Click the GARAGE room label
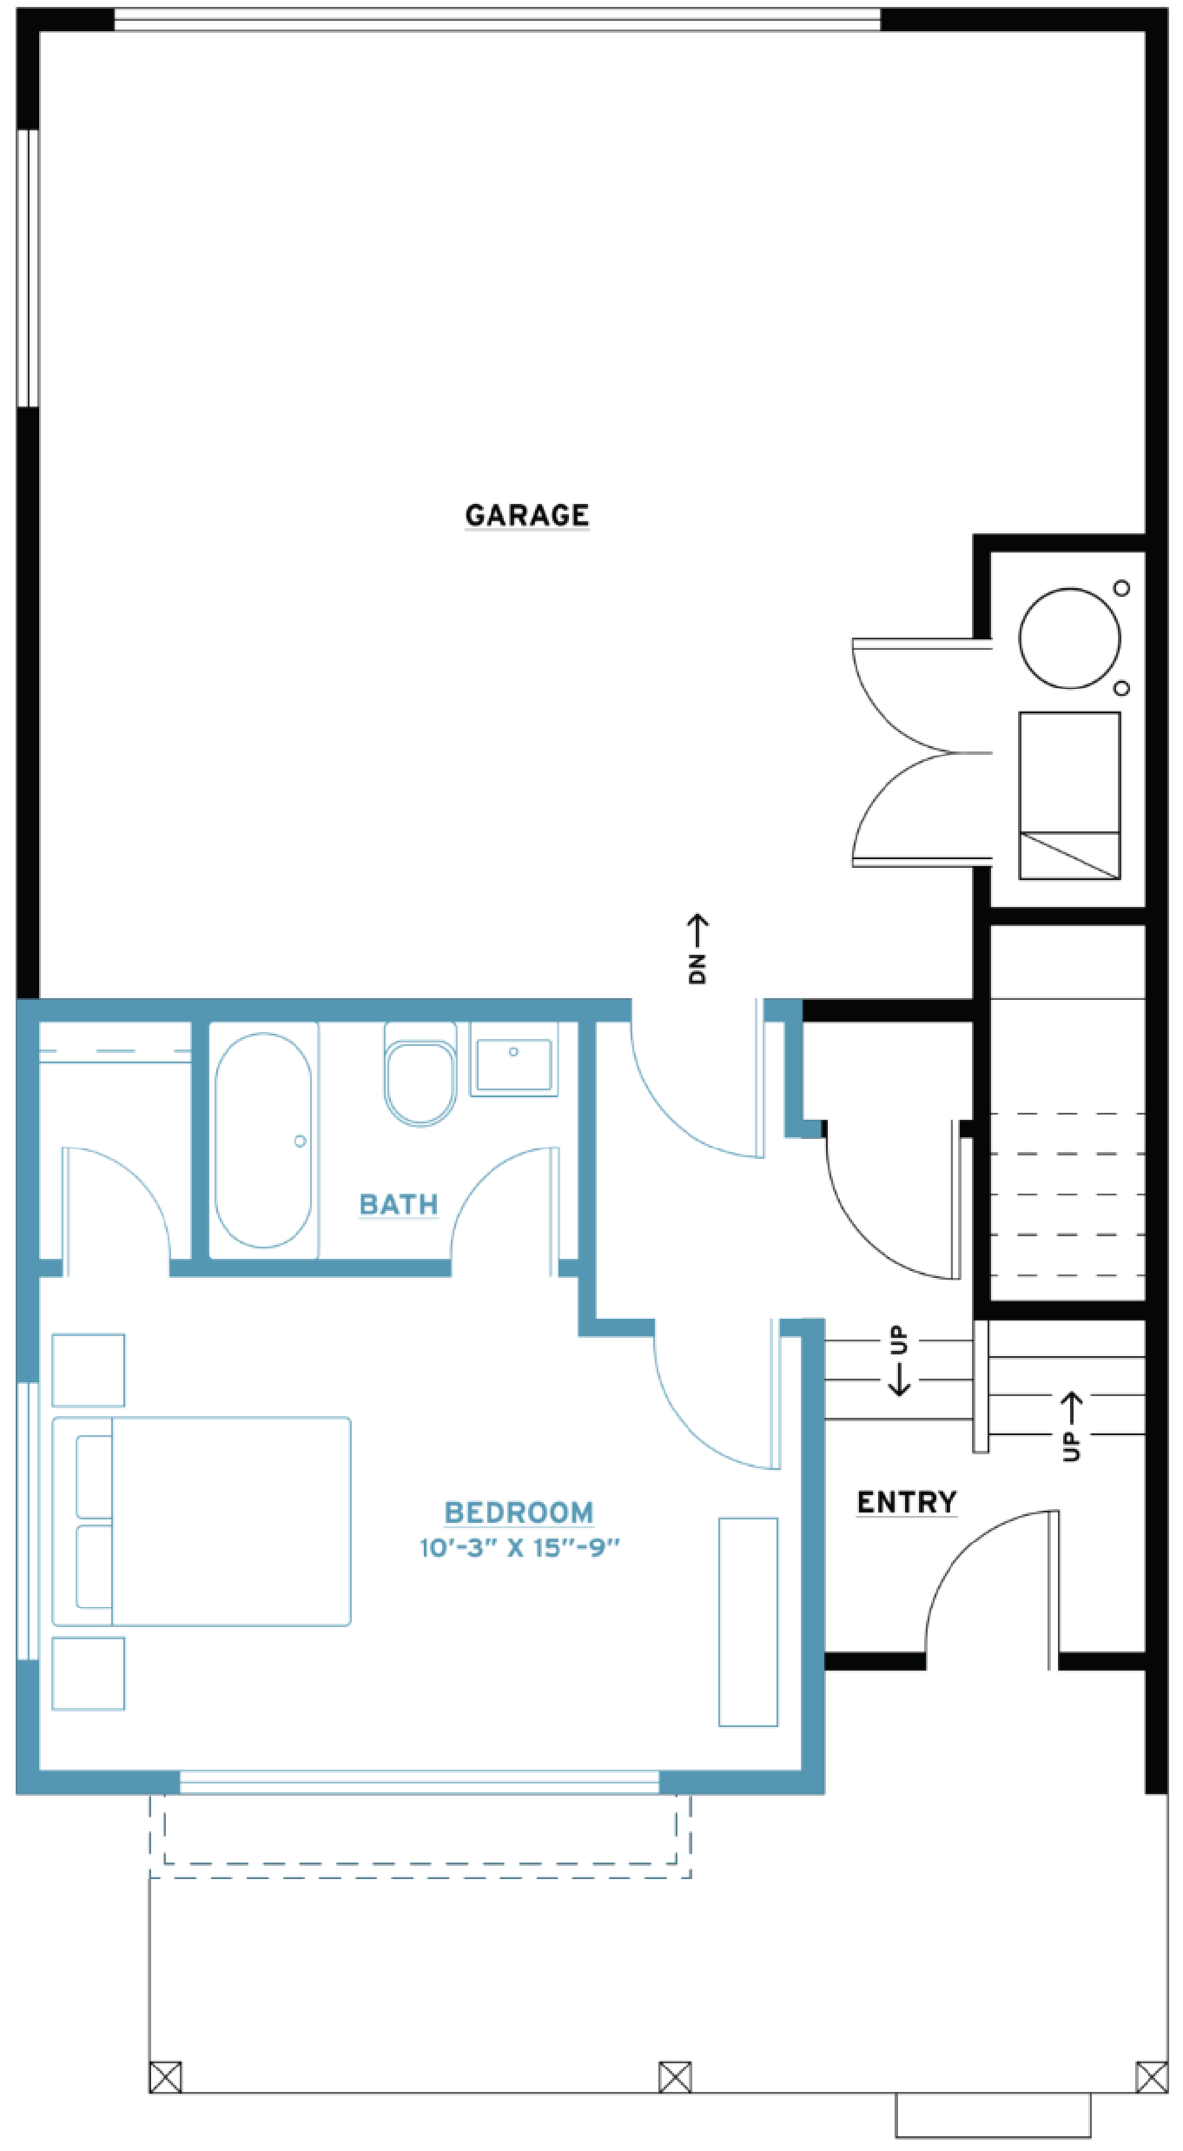click(527, 515)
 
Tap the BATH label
click(399, 1204)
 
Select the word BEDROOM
click(519, 1512)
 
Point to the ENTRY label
click(907, 1502)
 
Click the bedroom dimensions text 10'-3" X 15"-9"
click(519, 1548)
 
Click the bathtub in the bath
click(263, 1140)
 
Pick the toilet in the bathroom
click(420, 1074)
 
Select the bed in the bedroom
click(202, 1521)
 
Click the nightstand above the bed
click(89, 1370)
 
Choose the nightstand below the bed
click(89, 1673)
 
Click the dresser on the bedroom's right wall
click(748, 1622)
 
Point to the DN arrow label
click(697, 949)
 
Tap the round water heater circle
click(1070, 639)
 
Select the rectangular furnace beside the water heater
click(1070, 796)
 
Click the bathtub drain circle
click(301, 1141)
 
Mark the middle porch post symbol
click(675, 2077)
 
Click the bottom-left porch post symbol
click(165, 2077)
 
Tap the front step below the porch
click(994, 2115)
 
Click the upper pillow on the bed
click(94, 1477)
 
